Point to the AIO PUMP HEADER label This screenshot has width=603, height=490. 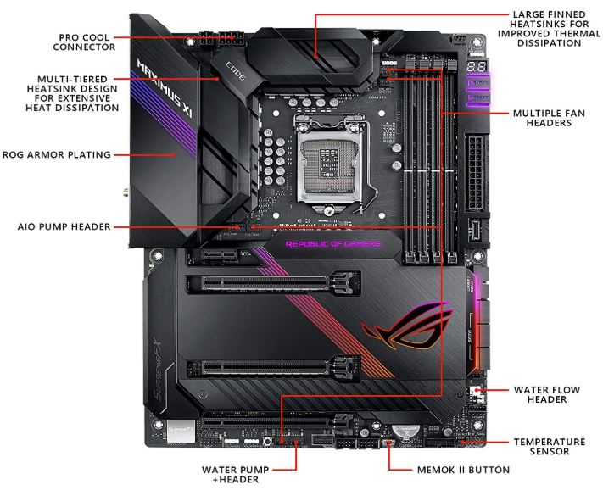(64, 227)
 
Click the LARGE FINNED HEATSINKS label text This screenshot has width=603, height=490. (548, 29)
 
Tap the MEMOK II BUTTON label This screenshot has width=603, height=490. (462, 469)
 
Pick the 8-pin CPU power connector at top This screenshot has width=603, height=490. (218, 39)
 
